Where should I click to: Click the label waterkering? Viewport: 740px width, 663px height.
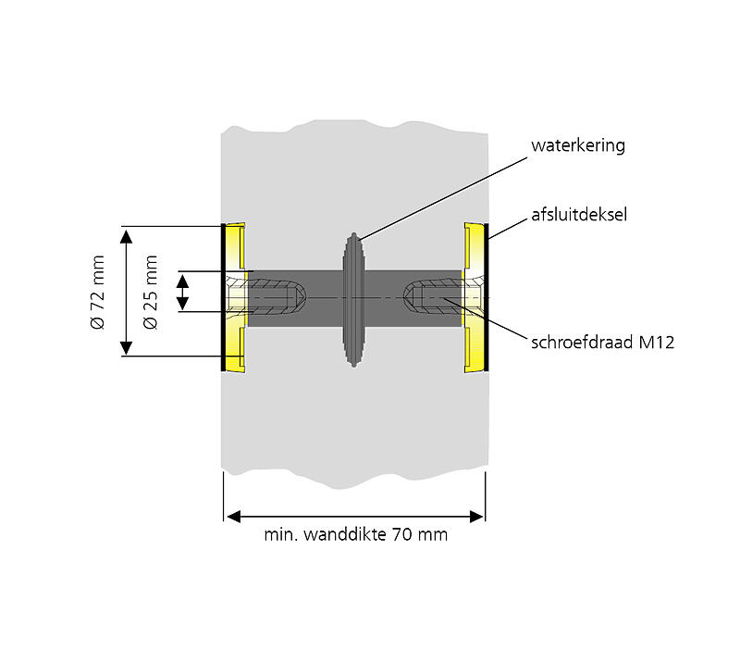pos(578,145)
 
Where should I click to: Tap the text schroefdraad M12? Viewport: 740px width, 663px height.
pos(603,343)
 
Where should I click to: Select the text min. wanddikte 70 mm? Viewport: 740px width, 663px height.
pos(355,535)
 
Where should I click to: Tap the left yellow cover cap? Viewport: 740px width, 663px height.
pos(234,297)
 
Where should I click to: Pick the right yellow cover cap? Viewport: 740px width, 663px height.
pos(475,297)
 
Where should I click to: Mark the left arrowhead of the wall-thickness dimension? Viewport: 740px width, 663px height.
pos(232,515)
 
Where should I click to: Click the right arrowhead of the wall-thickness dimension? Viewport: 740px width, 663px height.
pos(477,515)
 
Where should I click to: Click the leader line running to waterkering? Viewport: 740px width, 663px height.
pos(444,193)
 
